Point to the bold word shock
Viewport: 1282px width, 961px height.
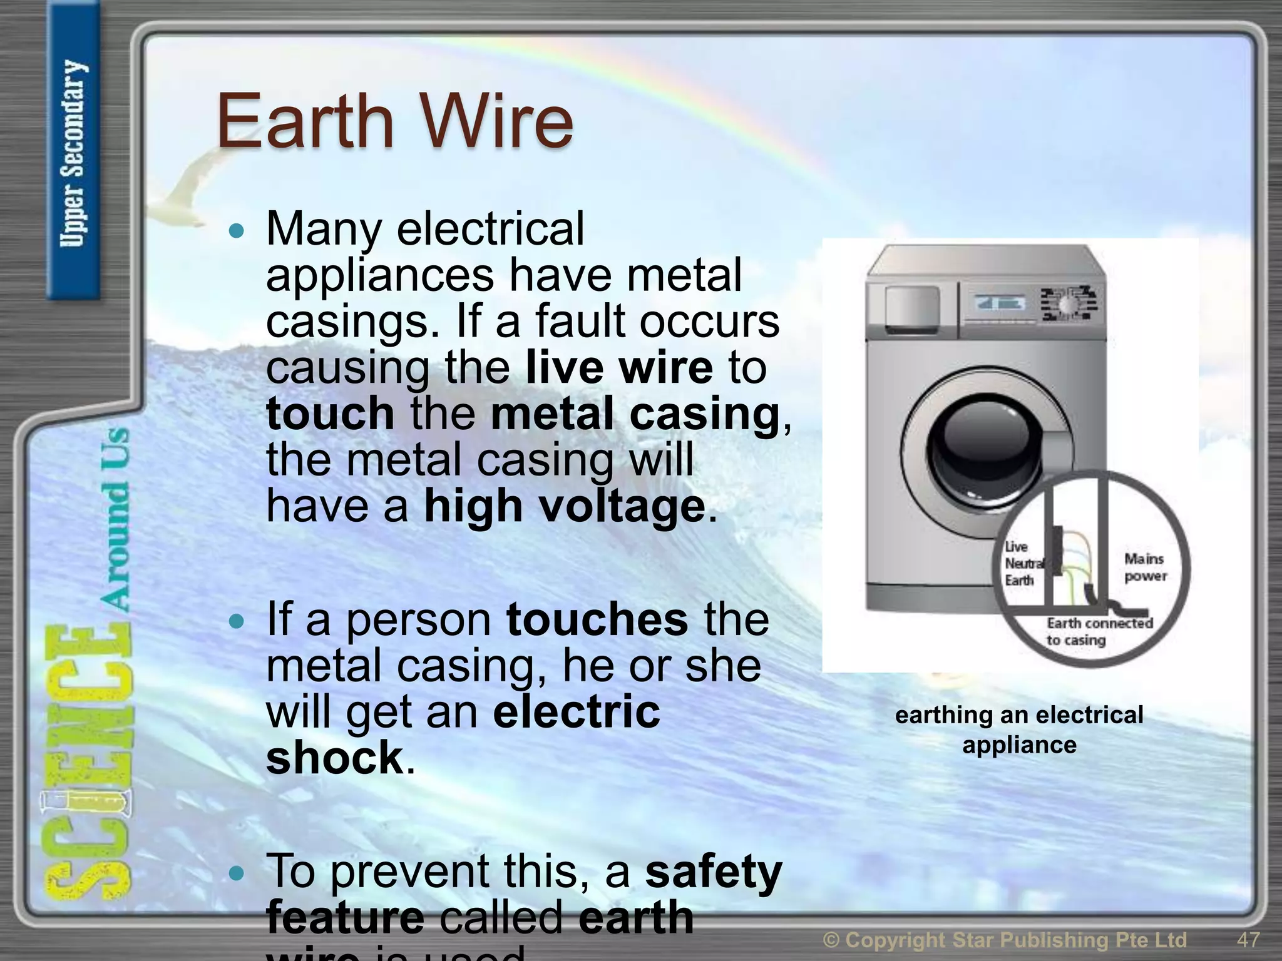click(x=335, y=757)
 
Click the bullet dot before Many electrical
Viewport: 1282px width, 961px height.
click(x=237, y=231)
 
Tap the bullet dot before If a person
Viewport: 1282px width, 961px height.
click(x=237, y=621)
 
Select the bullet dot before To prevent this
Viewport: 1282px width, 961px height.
click(x=237, y=873)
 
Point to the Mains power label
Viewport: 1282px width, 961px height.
click(x=1145, y=567)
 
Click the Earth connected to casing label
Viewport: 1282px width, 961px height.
click(x=1099, y=631)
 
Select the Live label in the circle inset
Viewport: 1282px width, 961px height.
click(x=1015, y=547)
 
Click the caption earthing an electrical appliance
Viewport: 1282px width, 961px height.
click(x=1019, y=730)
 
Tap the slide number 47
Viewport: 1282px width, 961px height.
click(x=1248, y=939)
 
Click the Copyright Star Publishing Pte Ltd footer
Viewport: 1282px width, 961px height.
click(x=1005, y=939)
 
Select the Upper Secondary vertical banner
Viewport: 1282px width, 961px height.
click(x=73, y=153)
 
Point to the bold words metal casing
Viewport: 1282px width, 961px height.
click(x=635, y=414)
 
